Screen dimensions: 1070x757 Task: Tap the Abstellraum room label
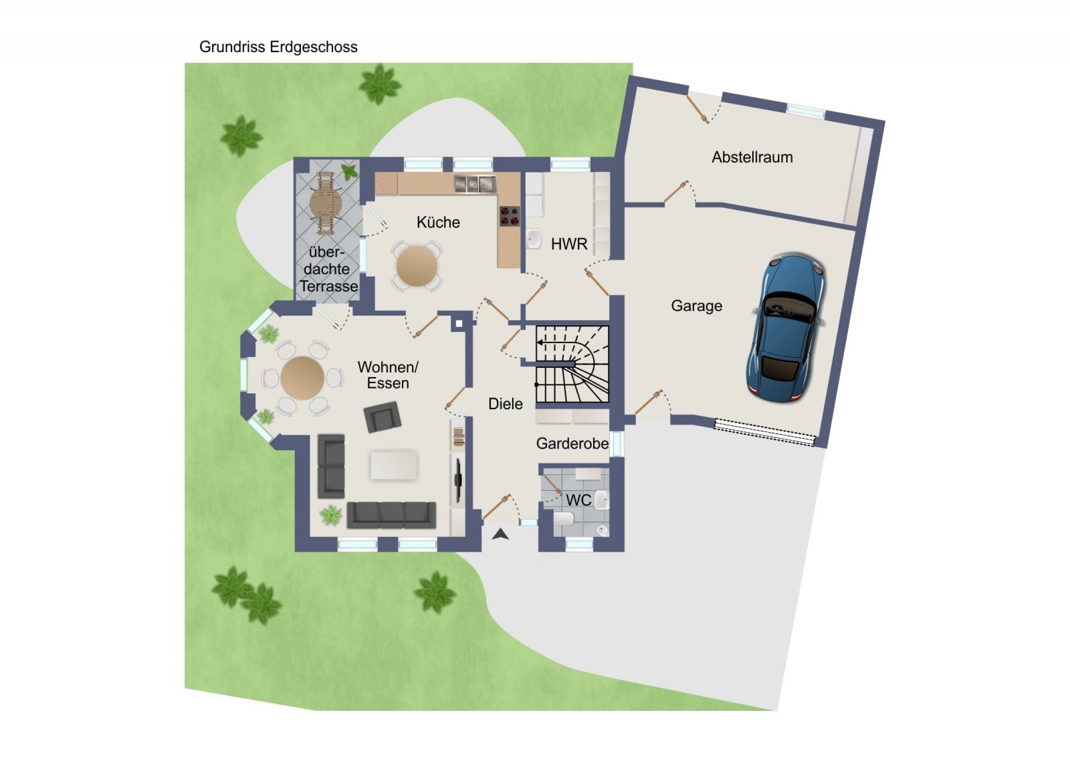coord(752,157)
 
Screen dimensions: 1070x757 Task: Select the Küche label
coord(438,222)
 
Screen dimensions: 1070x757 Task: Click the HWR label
coord(569,244)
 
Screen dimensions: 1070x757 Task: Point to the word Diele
coord(506,404)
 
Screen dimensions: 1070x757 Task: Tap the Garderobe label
coord(572,443)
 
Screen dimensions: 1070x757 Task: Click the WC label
coord(578,500)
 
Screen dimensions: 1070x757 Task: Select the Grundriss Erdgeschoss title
coord(278,47)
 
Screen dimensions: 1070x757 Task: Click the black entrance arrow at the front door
coord(500,534)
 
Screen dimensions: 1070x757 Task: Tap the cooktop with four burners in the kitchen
coord(510,215)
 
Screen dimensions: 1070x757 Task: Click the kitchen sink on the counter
coord(475,184)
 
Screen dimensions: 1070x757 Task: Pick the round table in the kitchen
coord(417,267)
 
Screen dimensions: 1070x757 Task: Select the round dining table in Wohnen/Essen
coord(302,378)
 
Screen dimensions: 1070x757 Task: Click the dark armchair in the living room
coord(382,417)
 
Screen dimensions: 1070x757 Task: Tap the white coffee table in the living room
coord(394,465)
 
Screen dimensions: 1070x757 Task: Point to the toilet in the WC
coord(564,519)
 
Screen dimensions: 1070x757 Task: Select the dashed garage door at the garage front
coord(764,433)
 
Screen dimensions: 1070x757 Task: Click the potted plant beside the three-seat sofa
coord(330,516)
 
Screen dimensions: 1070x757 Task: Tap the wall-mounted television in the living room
coord(457,480)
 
